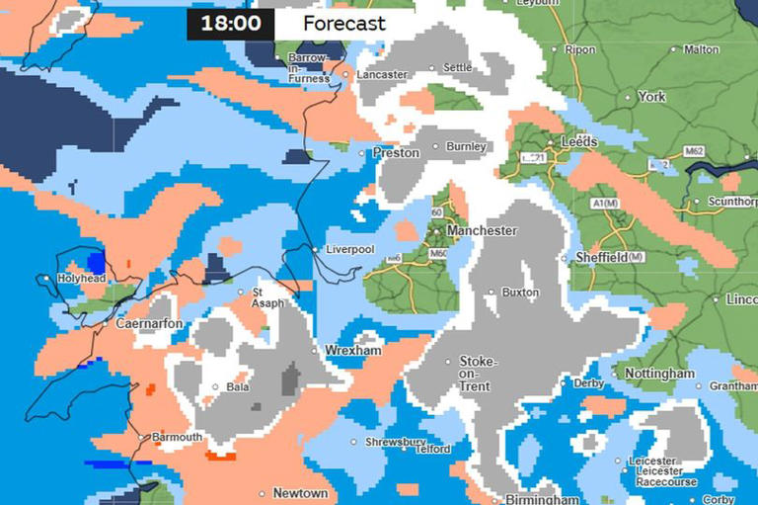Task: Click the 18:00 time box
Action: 231,24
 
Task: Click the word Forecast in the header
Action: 343,24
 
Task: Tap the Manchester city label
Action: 482,230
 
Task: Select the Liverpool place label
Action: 350,250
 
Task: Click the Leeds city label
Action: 578,142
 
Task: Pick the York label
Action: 651,97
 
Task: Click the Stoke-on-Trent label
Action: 479,375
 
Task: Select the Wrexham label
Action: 353,351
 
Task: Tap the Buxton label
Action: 520,293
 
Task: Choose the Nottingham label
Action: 659,375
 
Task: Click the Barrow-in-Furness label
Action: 309,68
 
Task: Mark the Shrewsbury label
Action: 395,442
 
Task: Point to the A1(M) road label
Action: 603,204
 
